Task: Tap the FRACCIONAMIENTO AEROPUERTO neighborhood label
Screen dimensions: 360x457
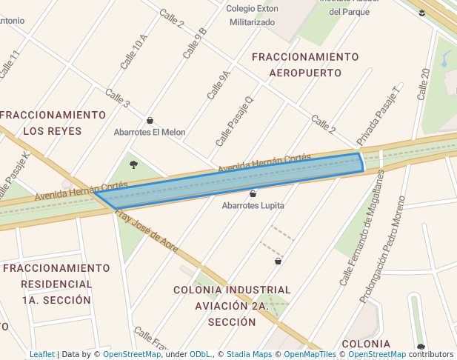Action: pos(305,65)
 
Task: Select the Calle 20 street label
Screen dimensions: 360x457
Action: pos(424,84)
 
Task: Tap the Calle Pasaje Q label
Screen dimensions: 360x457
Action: pos(234,121)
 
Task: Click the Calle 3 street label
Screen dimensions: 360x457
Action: pos(118,98)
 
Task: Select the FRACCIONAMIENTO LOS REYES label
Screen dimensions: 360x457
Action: pos(53,123)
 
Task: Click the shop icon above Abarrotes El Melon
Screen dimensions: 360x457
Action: pos(150,120)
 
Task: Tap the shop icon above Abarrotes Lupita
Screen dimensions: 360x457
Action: pos(253,193)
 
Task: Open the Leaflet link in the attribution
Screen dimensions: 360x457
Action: pos(42,354)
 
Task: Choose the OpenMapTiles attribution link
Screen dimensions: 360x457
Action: pos(310,354)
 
